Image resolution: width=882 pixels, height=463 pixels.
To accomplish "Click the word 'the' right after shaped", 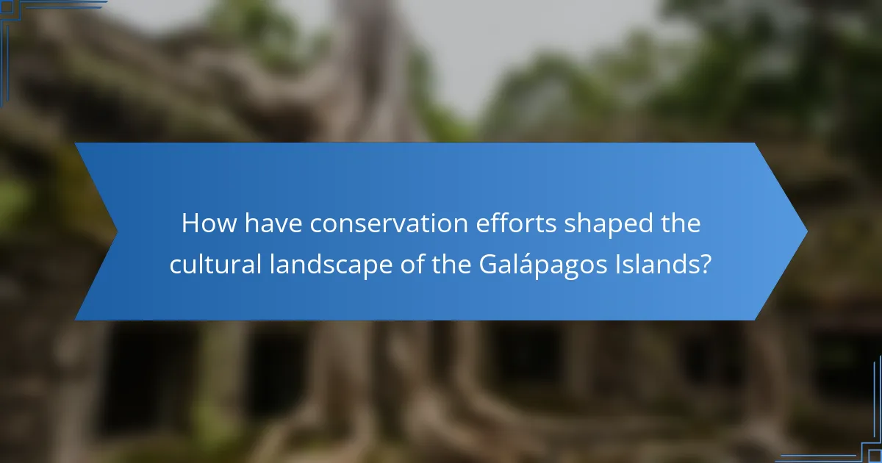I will pyautogui.click(x=681, y=223).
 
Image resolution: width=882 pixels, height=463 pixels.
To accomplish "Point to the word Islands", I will pyautogui.click(x=657, y=264).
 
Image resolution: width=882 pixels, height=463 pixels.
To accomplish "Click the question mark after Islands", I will pyautogui.click(x=706, y=264).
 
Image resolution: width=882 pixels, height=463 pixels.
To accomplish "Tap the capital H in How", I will pyautogui.click(x=190, y=223).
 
